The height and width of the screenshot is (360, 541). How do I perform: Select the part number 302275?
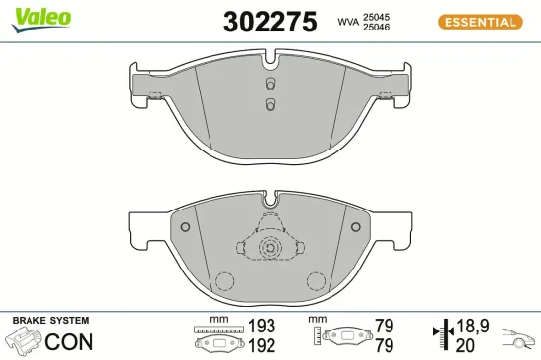click(x=257, y=21)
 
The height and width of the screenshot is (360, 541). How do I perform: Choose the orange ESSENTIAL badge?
click(x=480, y=21)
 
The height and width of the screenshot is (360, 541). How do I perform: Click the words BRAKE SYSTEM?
click(x=50, y=321)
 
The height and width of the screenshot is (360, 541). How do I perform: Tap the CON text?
click(x=72, y=343)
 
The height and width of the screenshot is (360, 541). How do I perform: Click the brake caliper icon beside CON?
click(x=25, y=341)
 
